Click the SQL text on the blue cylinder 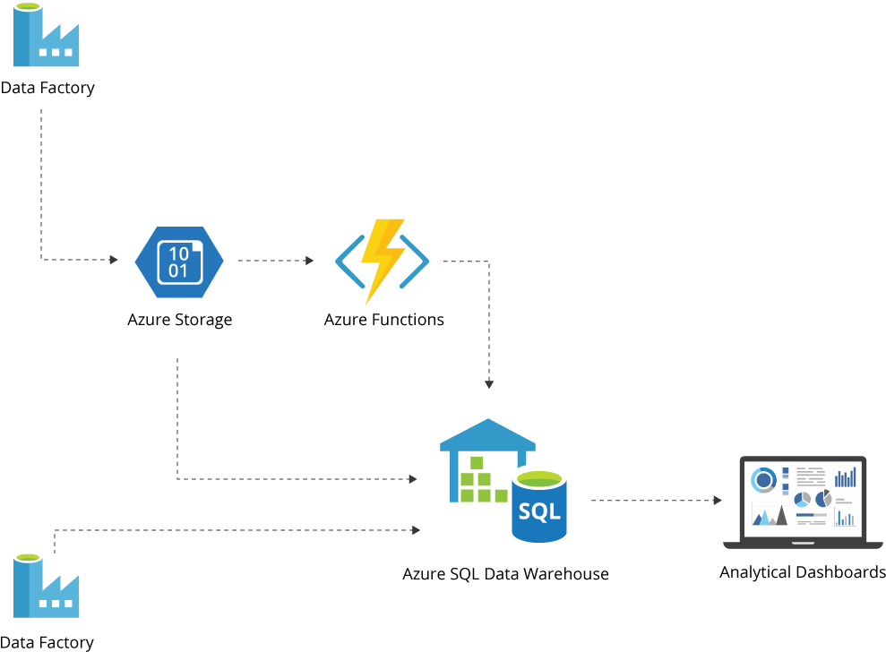click(x=538, y=512)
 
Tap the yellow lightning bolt click(x=382, y=260)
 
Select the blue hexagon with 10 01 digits click(x=179, y=262)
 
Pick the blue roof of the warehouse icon click(x=487, y=433)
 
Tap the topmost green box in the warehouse click(x=477, y=463)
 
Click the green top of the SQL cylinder click(x=539, y=478)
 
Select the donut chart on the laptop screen click(x=763, y=480)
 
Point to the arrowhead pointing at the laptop click(x=717, y=501)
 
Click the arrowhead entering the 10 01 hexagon click(x=114, y=260)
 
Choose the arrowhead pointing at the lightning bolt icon click(x=310, y=261)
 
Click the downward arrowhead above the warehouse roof click(x=489, y=384)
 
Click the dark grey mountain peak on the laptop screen click(x=782, y=516)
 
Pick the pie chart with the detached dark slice click(x=823, y=499)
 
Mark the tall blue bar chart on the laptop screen click(x=846, y=477)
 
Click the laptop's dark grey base click(x=803, y=545)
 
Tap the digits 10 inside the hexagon click(x=179, y=253)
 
